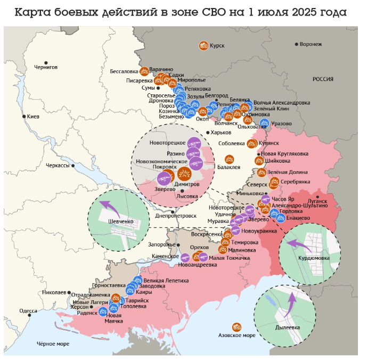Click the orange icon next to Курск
[x=203, y=46]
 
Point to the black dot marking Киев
[x=23, y=116]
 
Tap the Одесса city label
[x=28, y=310]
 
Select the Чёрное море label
[x=52, y=345]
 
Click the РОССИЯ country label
[x=323, y=79]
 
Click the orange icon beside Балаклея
[x=229, y=159]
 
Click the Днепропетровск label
[x=176, y=215]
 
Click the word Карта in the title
[x=32, y=12]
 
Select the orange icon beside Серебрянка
[x=275, y=182]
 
